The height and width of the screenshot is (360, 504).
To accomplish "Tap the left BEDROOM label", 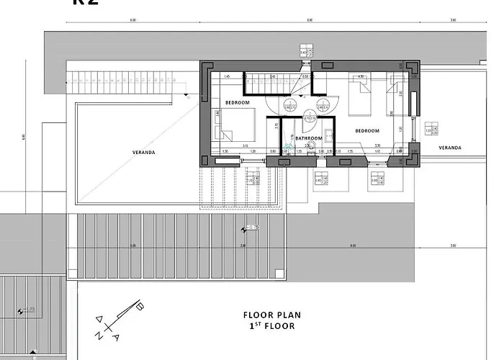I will (x=237, y=103).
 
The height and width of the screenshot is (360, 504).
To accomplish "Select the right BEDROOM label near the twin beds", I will (x=366, y=131).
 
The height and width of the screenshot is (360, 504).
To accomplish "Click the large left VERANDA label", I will (x=144, y=152).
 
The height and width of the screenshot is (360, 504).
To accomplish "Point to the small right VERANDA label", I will (x=450, y=148).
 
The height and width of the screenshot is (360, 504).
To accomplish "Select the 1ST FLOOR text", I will (x=271, y=326).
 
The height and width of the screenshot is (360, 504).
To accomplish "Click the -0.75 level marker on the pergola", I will (x=251, y=228).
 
